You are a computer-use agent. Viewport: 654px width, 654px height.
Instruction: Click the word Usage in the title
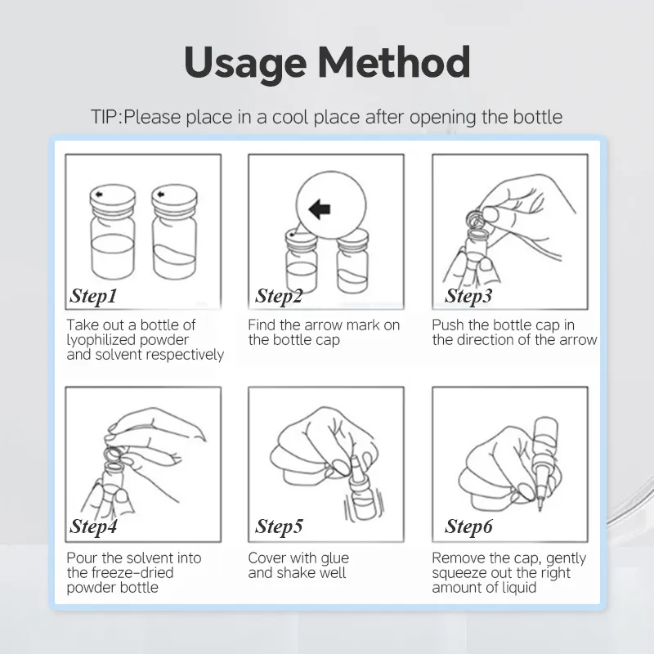[x=245, y=63]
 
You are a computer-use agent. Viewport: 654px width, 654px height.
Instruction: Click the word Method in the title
[x=394, y=62]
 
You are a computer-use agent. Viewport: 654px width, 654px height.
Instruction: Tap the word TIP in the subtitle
[x=105, y=117]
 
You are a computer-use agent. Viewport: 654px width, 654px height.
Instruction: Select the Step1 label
[x=93, y=296]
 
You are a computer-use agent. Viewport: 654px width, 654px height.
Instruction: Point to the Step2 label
[x=279, y=296]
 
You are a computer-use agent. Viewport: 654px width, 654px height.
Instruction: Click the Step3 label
[x=468, y=296]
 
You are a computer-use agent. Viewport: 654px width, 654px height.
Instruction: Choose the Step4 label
[x=93, y=526]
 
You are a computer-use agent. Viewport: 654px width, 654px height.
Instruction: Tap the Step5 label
[x=279, y=526]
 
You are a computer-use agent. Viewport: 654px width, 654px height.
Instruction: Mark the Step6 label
[x=468, y=526]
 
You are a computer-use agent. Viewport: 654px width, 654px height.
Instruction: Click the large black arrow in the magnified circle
[x=320, y=208]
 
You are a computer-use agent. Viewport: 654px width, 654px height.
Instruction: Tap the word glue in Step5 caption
[x=333, y=559]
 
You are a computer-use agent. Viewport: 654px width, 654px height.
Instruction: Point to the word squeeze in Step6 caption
[x=459, y=574]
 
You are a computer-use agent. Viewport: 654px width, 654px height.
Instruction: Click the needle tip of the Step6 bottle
[x=540, y=508]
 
